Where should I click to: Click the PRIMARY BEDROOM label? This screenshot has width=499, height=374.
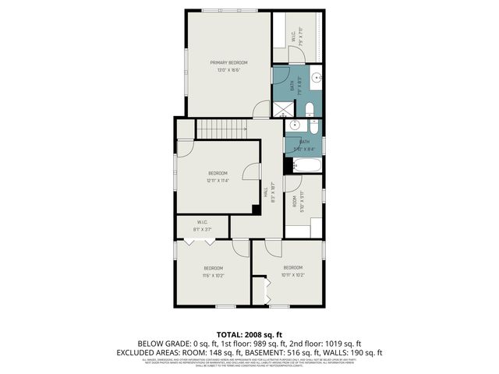(x=228, y=62)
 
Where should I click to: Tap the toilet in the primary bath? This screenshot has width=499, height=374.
(x=309, y=109)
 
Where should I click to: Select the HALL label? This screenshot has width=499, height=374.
(x=266, y=190)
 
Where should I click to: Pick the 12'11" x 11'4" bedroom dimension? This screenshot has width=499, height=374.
(x=218, y=180)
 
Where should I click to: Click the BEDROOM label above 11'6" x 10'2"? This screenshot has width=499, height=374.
(x=213, y=268)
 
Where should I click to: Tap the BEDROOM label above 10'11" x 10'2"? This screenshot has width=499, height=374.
(x=293, y=268)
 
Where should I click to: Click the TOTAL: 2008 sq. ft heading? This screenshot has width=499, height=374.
(x=249, y=334)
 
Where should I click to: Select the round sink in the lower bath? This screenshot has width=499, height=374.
(x=295, y=125)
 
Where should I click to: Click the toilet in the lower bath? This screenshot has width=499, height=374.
(x=313, y=127)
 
